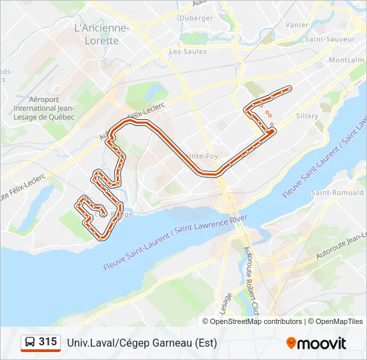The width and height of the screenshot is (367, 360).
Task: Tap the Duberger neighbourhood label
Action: point(197,18)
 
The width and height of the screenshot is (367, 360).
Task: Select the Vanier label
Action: point(297,25)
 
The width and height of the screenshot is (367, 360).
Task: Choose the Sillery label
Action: point(308,115)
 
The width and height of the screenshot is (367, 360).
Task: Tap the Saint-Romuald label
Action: point(332,193)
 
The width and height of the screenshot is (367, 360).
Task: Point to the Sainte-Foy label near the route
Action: point(200,156)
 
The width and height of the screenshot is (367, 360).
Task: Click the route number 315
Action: point(47,342)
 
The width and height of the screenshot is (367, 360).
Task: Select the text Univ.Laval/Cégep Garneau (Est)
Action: point(141,343)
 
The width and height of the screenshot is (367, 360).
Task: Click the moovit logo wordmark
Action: point(322,343)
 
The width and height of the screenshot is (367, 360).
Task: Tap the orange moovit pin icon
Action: point(291,343)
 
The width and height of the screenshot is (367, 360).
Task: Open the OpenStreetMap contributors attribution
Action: point(256,321)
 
